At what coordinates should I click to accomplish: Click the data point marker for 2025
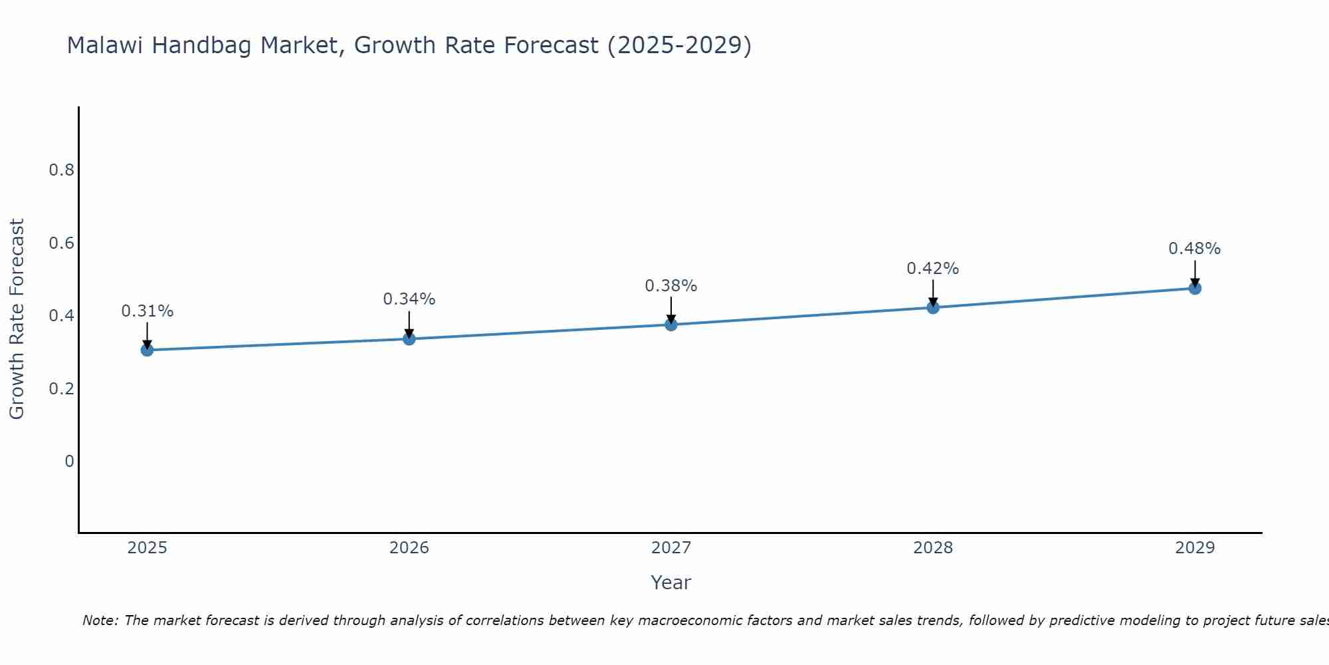[147, 350]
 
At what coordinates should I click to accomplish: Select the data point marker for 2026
[409, 338]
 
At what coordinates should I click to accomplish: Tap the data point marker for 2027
[671, 325]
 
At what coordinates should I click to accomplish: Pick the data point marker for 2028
[933, 307]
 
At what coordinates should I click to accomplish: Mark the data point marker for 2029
[1195, 288]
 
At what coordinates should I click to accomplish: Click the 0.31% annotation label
[147, 311]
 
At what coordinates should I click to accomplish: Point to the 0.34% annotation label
[409, 299]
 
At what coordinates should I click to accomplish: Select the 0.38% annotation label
[671, 286]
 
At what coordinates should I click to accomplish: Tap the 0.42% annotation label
[933, 269]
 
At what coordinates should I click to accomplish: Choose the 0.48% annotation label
[1195, 249]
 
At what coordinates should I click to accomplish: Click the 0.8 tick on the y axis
[61, 170]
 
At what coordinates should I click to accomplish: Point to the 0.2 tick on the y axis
[61, 388]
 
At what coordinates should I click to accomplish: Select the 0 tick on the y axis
[69, 461]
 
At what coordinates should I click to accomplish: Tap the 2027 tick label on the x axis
[671, 548]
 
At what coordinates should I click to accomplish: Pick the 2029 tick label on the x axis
[1195, 548]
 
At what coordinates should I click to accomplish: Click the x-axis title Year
[671, 583]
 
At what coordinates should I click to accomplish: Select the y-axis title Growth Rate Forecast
[17, 319]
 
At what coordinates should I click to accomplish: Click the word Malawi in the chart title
[106, 45]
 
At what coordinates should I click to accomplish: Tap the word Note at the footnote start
[100, 620]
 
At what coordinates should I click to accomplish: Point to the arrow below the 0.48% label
[1195, 273]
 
